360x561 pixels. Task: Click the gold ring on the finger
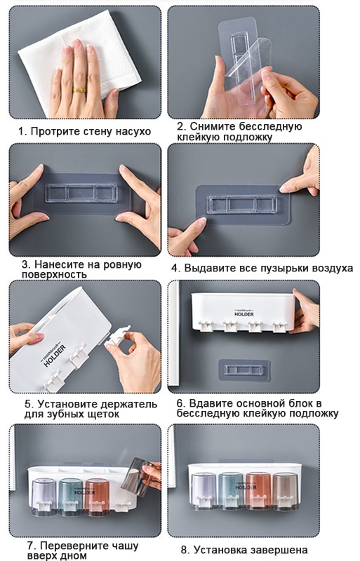(x=79, y=90)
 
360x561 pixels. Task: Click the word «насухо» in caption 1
(x=133, y=131)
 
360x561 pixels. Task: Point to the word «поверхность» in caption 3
(x=54, y=274)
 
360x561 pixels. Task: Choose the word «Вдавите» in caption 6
(x=211, y=403)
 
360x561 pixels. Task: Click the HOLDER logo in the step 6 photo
(x=244, y=313)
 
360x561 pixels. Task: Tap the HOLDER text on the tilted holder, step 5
(x=55, y=356)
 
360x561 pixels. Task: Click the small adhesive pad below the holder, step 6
(x=244, y=370)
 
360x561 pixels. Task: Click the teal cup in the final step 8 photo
(x=231, y=491)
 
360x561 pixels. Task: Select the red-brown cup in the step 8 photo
(x=259, y=491)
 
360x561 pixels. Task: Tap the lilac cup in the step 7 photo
(x=44, y=497)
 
